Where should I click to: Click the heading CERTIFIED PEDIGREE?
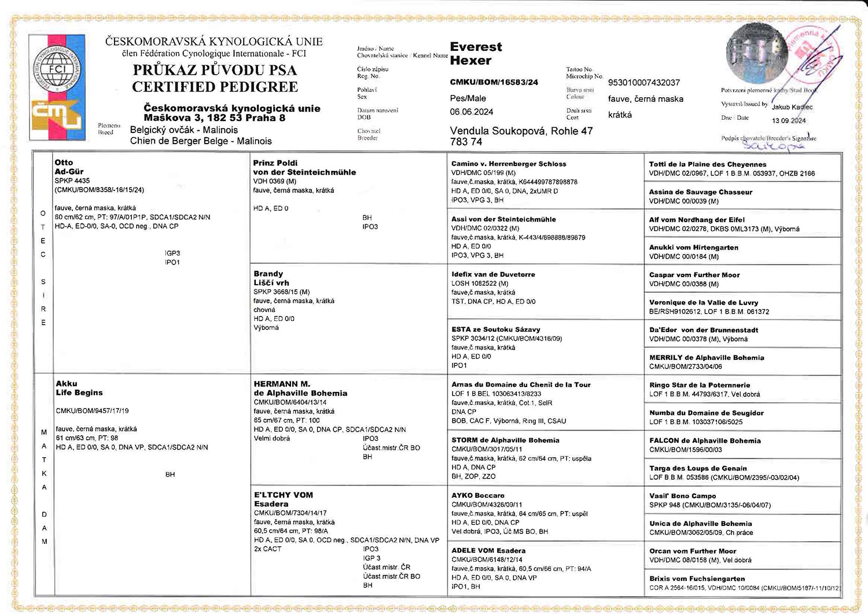click(215, 87)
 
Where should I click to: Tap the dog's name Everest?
click(476, 47)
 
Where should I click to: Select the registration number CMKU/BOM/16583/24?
click(494, 82)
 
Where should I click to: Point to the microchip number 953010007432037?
click(643, 83)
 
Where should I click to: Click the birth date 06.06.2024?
click(472, 112)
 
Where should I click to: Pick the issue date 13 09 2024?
click(789, 120)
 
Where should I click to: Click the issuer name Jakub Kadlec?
click(792, 107)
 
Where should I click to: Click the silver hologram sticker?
click(755, 54)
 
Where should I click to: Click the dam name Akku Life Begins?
click(79, 388)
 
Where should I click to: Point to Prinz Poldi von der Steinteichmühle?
click(304, 167)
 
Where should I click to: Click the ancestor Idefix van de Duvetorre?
click(493, 274)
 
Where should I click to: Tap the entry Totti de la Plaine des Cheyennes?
click(707, 164)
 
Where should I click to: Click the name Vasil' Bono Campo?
click(682, 496)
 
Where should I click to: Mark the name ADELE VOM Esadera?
click(488, 550)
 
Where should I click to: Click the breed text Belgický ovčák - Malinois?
click(184, 130)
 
